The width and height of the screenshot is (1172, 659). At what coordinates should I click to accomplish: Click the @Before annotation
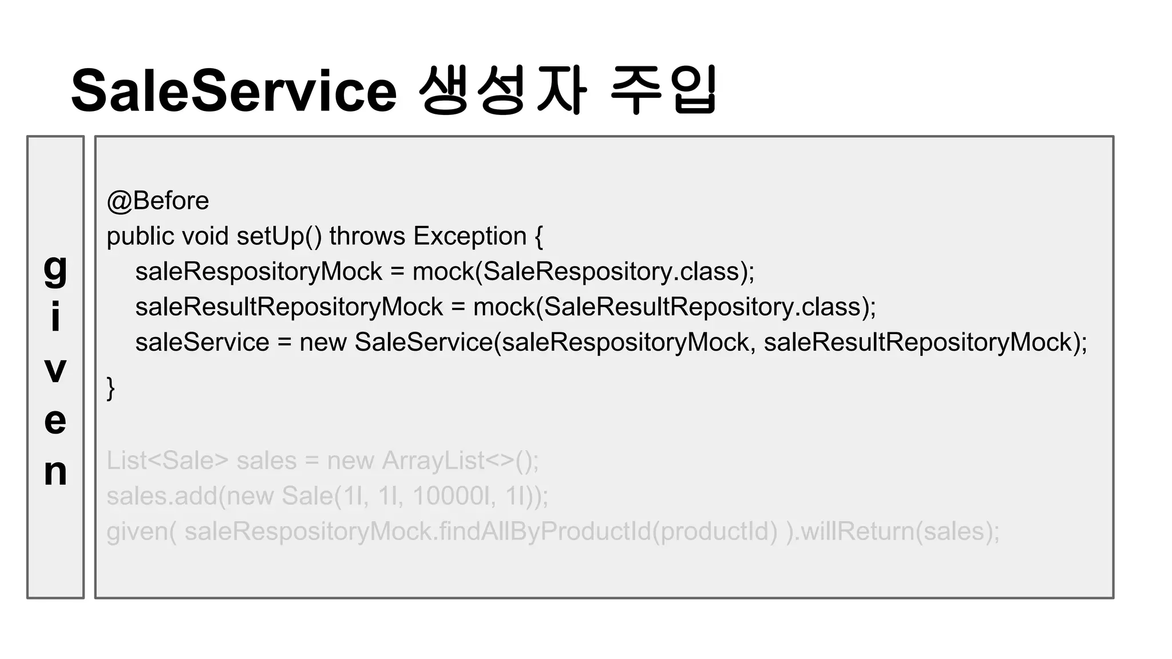(x=158, y=201)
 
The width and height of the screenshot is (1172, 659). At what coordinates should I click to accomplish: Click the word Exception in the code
(x=470, y=236)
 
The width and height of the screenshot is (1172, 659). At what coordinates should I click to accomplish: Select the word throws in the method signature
(x=367, y=236)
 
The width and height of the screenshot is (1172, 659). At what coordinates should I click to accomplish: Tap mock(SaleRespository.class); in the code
(x=583, y=272)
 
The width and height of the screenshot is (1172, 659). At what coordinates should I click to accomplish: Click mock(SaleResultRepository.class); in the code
(x=674, y=307)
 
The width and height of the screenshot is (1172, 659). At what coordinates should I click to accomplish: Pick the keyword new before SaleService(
(x=323, y=343)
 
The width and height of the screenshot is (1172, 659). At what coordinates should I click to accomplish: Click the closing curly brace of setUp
(x=111, y=388)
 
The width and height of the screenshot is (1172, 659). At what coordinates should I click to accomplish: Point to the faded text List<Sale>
(x=168, y=460)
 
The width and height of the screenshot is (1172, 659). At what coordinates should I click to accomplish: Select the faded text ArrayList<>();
(x=460, y=460)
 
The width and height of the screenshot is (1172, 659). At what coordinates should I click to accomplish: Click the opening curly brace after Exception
(x=539, y=236)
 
